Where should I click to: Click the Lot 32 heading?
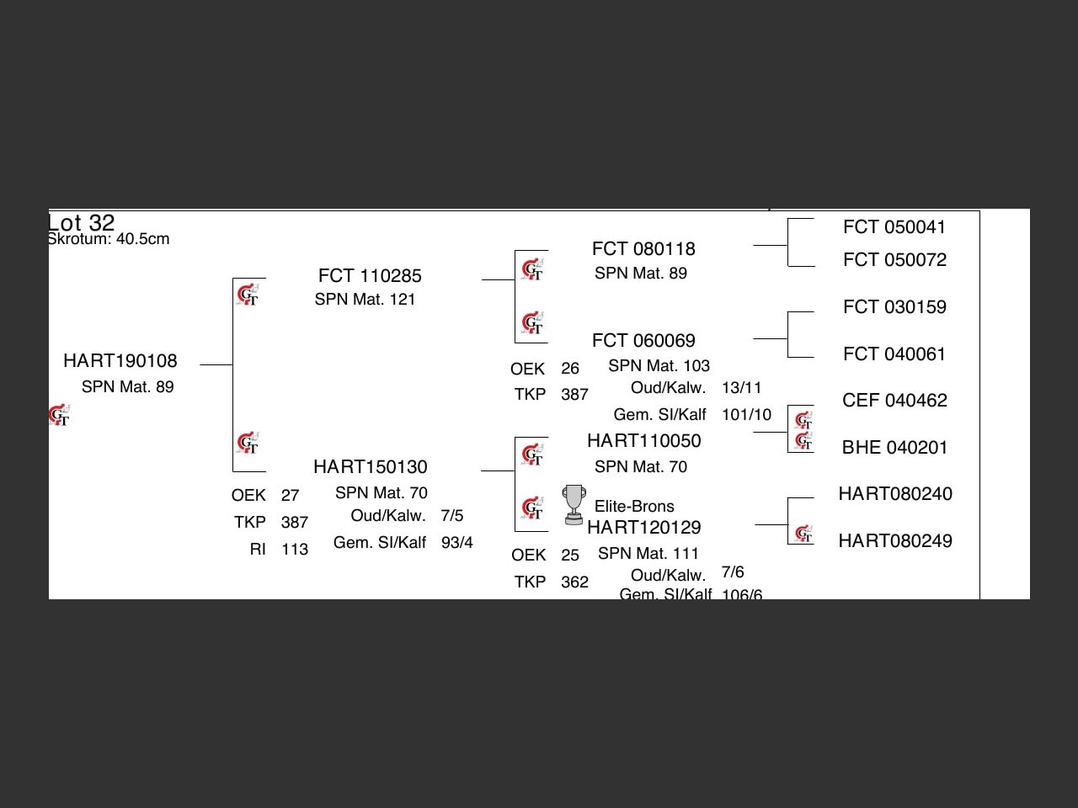81,223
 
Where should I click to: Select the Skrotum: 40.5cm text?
109,239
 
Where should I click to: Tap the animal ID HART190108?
120,361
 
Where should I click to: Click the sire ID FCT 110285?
370,276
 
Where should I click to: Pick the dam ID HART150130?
370,467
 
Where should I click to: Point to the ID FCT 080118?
643,249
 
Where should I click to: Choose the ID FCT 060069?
643,341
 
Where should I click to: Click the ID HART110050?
643,441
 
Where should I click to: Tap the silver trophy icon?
573,504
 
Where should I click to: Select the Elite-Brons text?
634,507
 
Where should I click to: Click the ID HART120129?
643,528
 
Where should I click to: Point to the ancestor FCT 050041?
894,227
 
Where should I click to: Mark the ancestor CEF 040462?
894,401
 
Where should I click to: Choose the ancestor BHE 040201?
894,448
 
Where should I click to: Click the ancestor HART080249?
895,541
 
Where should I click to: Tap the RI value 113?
295,550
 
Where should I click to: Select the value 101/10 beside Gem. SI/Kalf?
746,415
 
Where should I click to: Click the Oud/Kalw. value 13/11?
741,388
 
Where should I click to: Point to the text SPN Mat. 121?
365,300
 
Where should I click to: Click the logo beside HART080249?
803,534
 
